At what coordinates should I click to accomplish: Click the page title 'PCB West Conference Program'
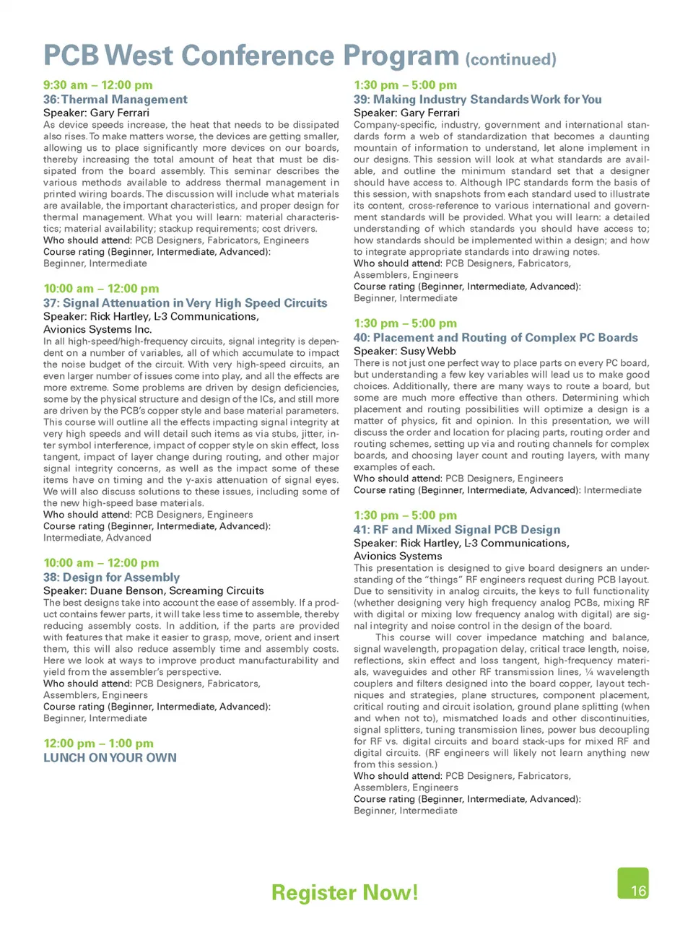click(250, 56)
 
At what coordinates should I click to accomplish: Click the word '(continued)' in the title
click(511, 59)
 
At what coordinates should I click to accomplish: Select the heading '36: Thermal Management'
click(115, 100)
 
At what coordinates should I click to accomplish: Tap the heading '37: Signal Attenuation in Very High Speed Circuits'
click(186, 303)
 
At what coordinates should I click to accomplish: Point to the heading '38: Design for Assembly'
click(112, 577)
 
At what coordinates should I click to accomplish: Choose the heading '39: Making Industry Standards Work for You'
click(477, 100)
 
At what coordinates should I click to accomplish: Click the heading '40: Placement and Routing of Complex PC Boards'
click(495, 338)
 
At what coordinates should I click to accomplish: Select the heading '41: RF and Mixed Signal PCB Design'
click(457, 530)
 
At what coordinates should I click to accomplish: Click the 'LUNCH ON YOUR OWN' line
click(110, 758)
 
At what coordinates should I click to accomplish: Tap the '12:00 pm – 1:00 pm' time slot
click(98, 743)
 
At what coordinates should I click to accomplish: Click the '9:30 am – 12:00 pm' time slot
click(98, 85)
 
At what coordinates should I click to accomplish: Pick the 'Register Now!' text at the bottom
click(344, 893)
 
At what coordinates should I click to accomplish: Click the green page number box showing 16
click(633, 884)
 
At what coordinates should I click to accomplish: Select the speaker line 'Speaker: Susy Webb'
click(404, 351)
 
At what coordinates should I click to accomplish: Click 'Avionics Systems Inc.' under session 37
click(97, 329)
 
